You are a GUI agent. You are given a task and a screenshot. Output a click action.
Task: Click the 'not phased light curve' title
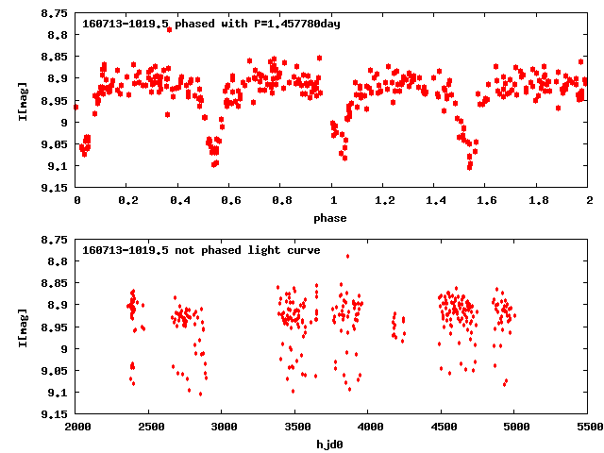(201, 250)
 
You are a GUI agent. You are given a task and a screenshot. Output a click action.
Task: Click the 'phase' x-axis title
(330, 218)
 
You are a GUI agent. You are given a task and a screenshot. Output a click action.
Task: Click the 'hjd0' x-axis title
(330, 445)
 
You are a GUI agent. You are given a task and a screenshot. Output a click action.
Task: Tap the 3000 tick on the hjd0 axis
(223, 428)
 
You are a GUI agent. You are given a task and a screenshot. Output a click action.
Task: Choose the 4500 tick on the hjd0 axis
(443, 428)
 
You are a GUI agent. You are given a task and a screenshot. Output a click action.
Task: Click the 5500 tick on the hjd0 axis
(589, 428)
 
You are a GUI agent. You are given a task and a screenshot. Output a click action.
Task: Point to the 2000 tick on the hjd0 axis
(76, 428)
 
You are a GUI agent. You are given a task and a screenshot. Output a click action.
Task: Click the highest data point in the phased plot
(169, 29)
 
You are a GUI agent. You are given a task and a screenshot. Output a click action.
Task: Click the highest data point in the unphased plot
(347, 256)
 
